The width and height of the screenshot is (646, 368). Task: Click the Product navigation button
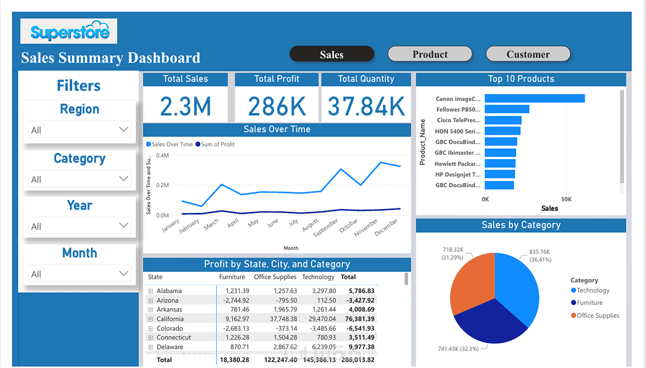tap(430, 54)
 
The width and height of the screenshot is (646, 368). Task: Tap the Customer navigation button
tap(528, 54)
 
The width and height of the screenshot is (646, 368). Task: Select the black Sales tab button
tap(331, 54)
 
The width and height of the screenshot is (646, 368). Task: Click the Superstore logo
tap(69, 31)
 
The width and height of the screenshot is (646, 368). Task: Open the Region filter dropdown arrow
tap(123, 129)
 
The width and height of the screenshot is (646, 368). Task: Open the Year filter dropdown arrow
tap(123, 225)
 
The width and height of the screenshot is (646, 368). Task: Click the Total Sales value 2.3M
tap(185, 106)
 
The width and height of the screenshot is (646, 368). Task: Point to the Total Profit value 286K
tap(277, 106)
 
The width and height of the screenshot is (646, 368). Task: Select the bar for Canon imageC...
tap(535, 99)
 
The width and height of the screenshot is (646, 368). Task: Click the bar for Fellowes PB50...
tap(507, 109)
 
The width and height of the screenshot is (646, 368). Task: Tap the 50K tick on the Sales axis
tap(566, 199)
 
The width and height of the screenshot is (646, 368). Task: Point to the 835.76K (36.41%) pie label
tap(540, 256)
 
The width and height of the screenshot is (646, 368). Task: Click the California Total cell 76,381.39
tap(359, 319)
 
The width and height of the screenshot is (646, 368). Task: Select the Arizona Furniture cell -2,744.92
tap(236, 300)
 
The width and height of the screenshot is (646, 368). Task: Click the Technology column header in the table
tap(318, 277)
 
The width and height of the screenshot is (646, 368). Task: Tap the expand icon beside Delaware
tap(150, 347)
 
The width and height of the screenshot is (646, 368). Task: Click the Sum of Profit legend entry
tap(215, 144)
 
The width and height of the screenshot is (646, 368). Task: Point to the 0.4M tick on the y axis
tap(162, 156)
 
